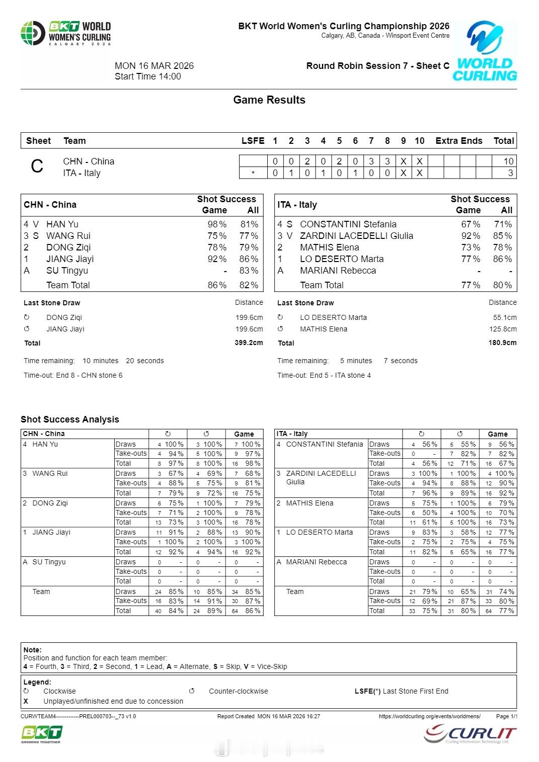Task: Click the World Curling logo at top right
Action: point(485,51)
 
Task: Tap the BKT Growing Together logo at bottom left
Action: point(41,734)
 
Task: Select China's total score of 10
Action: point(508,161)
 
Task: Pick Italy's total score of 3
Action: point(510,173)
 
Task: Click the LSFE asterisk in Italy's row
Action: point(253,174)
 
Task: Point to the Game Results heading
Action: point(269,100)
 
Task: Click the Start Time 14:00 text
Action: point(147,76)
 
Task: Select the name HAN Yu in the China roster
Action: point(62,224)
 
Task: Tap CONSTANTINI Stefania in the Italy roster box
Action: point(348,224)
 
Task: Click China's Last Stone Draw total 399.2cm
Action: point(249,343)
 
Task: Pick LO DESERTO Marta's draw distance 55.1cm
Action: point(505,318)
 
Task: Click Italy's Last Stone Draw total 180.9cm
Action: point(502,343)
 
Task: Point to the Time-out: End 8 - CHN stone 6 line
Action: point(73,375)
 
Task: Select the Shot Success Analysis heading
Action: point(70,419)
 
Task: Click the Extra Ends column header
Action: point(458,141)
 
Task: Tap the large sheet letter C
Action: point(37,166)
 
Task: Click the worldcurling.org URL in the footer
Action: point(429,716)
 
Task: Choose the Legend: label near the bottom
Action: point(37,682)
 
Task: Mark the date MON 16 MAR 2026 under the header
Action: point(154,66)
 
